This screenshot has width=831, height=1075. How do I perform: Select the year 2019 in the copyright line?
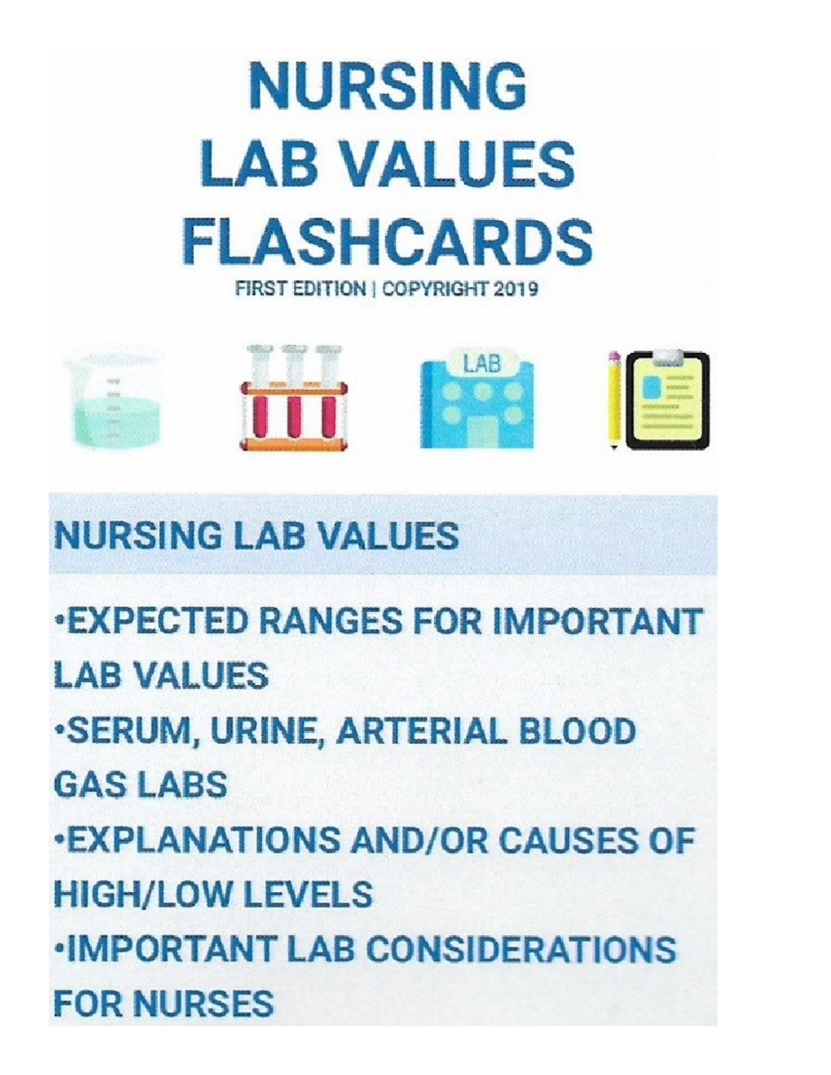[516, 289]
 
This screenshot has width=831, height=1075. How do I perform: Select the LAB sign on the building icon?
[482, 365]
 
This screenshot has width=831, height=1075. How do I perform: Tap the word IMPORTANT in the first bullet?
[597, 621]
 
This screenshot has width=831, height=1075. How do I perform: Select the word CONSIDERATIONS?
[520, 950]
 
